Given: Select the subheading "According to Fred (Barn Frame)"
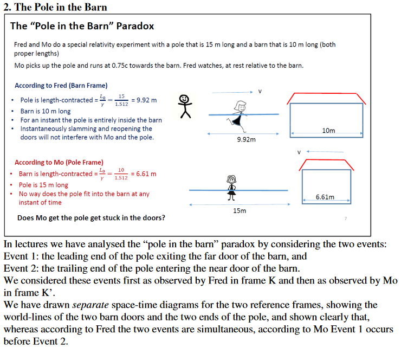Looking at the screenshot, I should tap(61, 86).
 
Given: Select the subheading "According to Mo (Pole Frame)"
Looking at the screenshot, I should tap(59, 162).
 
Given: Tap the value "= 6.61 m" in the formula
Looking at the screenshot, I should tap(144, 174).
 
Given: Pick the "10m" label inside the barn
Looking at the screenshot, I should tap(328, 131).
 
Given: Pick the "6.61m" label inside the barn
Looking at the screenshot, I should tap(325, 197).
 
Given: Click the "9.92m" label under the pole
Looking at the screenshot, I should tap(246, 139).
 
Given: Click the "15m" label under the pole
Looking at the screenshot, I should tap(240, 211).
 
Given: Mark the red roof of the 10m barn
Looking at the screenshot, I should tap(328, 98).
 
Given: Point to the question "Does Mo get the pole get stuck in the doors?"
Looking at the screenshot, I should tap(92, 218).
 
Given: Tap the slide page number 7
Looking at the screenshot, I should tap(345, 218).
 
